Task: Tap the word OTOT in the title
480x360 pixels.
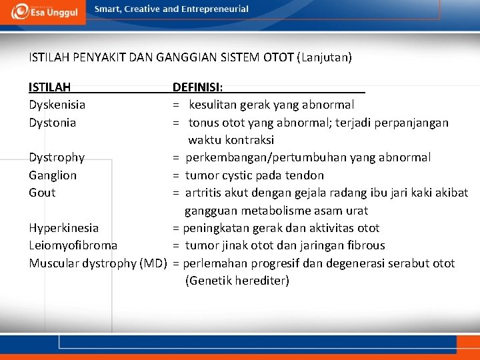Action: pos(279,57)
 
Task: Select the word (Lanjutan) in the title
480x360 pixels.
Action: pos(327,57)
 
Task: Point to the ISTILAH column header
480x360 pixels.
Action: pos(50,87)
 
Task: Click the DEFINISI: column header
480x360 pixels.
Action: pos(198,87)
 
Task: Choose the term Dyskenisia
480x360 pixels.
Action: pos(57,105)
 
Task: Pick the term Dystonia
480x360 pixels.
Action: pos(52,123)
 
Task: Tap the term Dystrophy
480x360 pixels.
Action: pos(57,157)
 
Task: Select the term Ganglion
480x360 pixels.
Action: pos(53,175)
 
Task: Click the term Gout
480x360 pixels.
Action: pos(42,193)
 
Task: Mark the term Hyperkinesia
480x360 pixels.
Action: pos(63,228)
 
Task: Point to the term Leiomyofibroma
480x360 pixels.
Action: pos(73,245)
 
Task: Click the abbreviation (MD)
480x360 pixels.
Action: pos(153,263)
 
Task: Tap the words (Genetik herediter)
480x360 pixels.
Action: pos(237,281)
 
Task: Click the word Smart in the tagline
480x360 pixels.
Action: pos(109,9)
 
